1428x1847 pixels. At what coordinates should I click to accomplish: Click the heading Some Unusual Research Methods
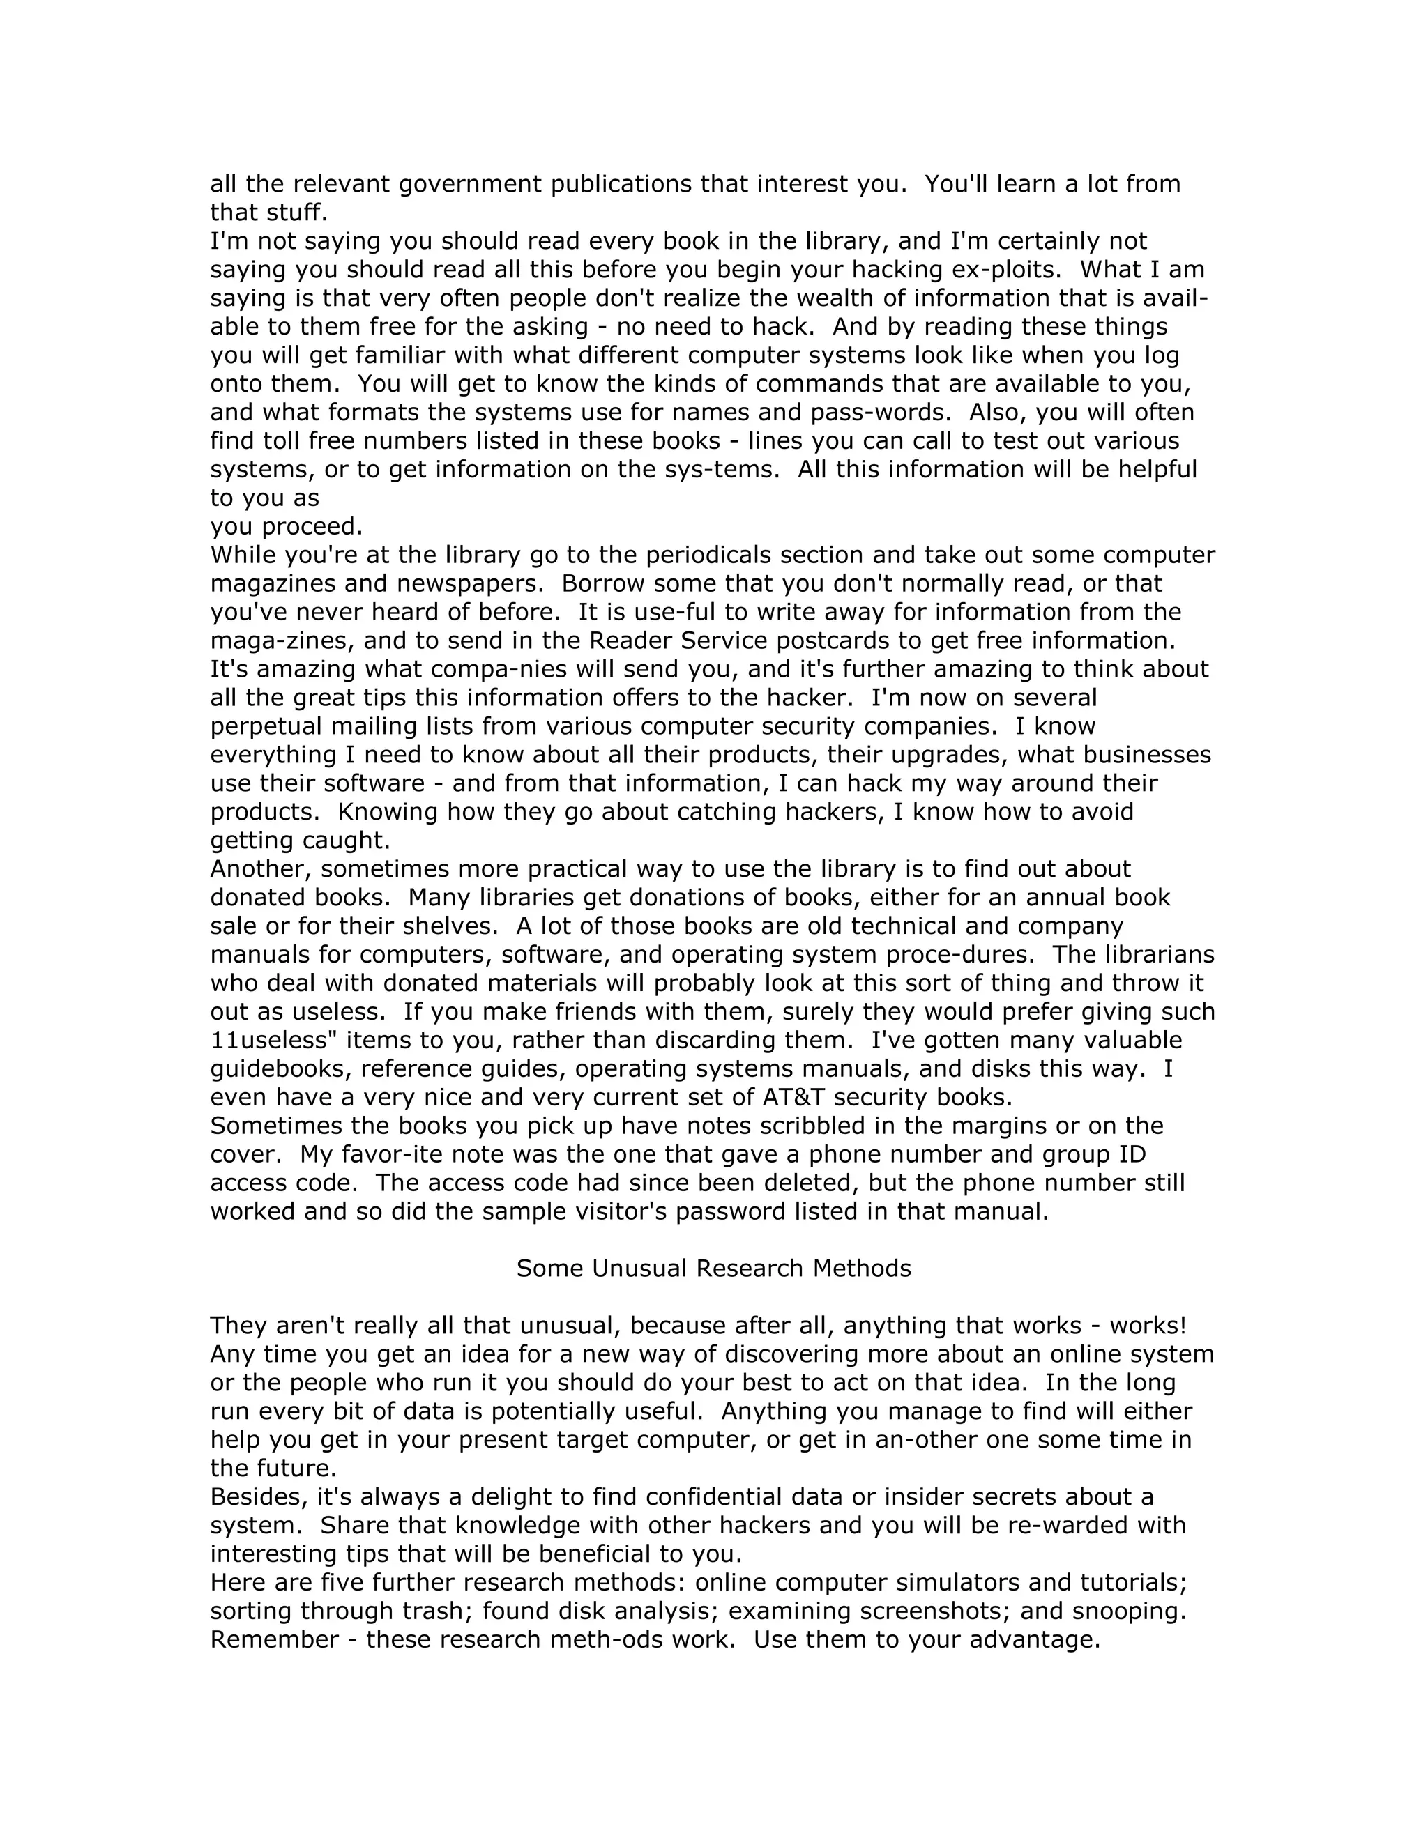(713, 1268)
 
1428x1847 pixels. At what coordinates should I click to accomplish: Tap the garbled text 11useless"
(266, 1040)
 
